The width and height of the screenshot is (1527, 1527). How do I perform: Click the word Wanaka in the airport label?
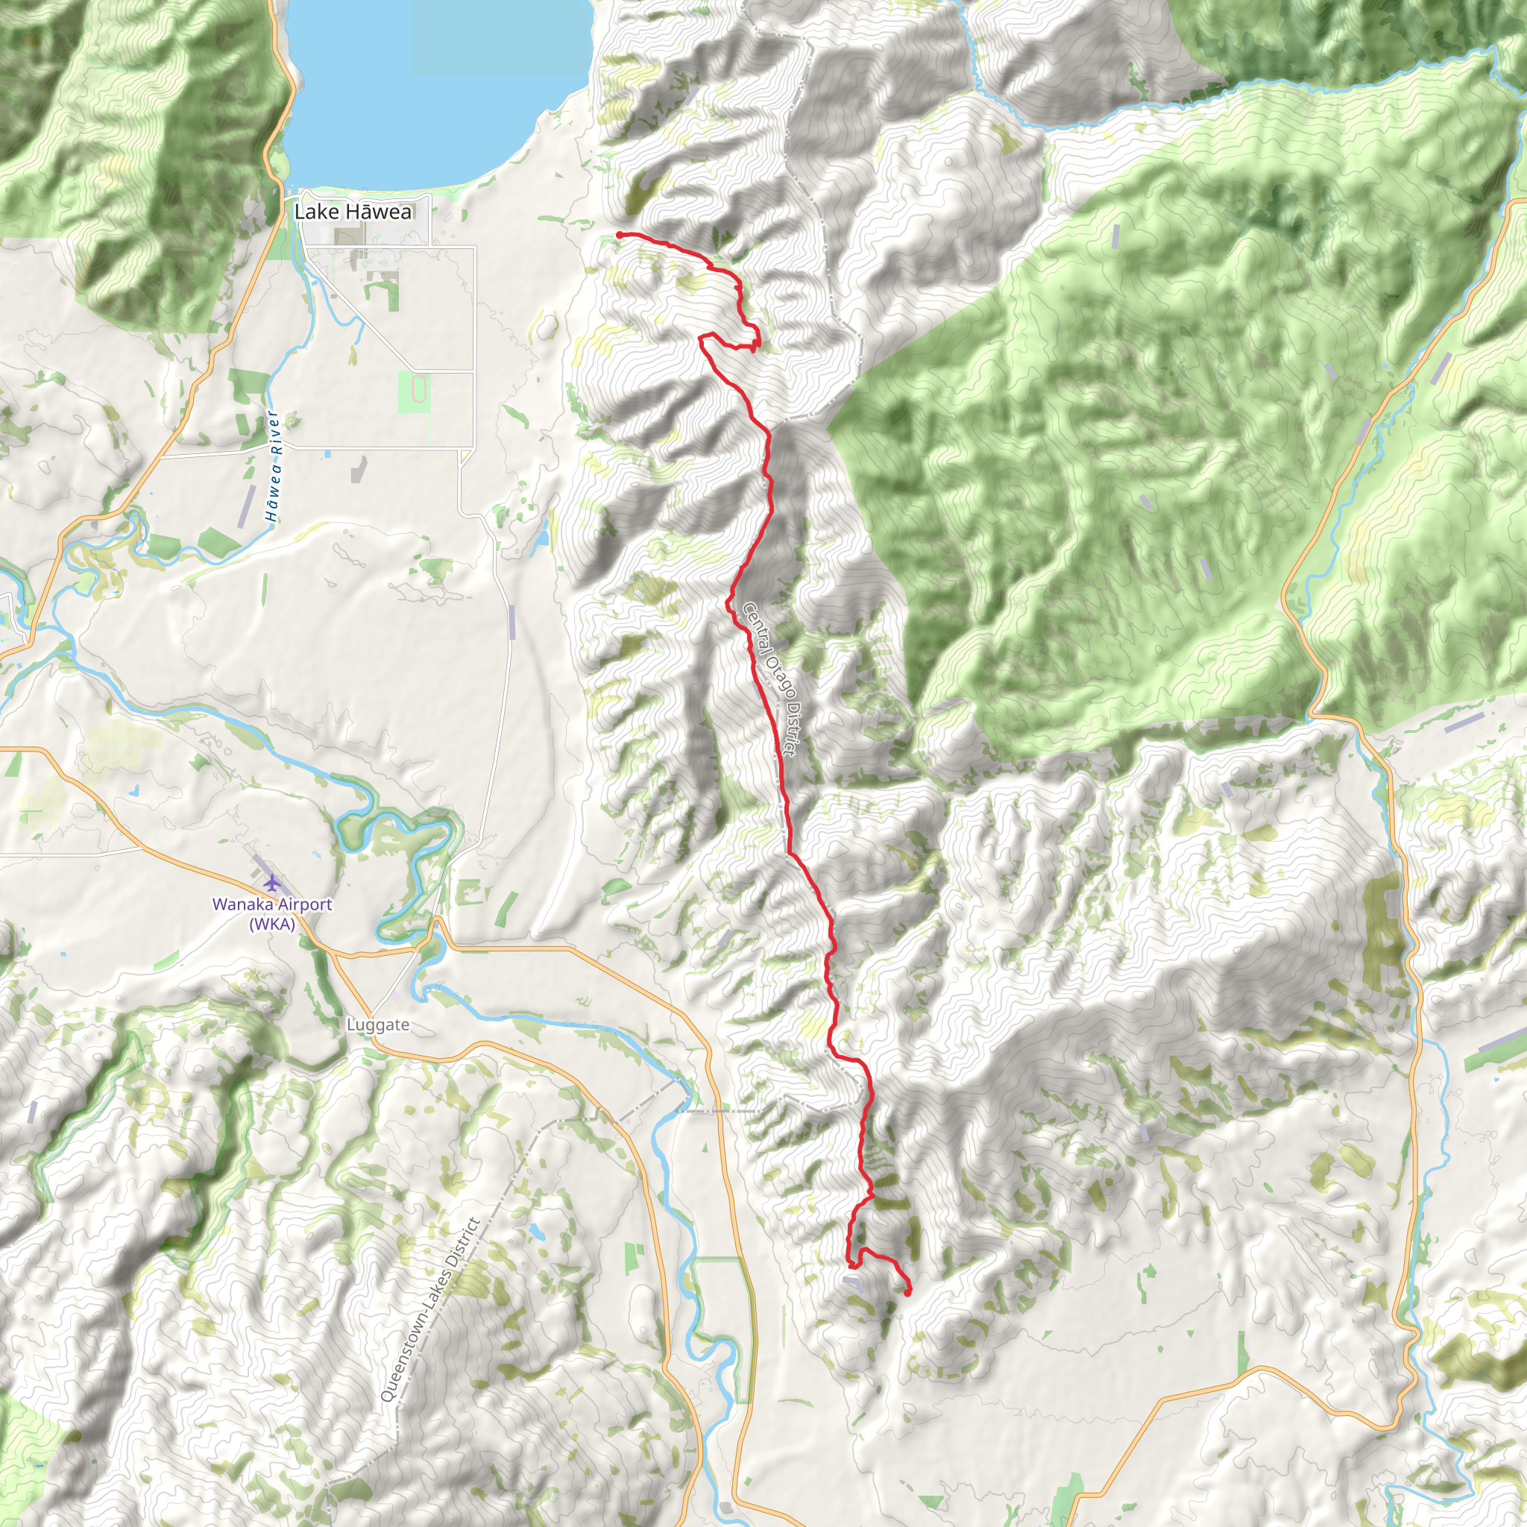tap(239, 904)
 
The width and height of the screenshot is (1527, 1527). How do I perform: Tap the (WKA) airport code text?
tap(272, 924)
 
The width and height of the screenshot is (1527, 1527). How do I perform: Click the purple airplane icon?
tap(272, 882)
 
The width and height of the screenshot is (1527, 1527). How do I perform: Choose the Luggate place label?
tap(378, 1025)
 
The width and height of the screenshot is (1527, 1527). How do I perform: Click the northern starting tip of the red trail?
tap(619, 235)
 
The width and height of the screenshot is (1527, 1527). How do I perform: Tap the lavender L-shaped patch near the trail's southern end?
tap(854, 1282)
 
